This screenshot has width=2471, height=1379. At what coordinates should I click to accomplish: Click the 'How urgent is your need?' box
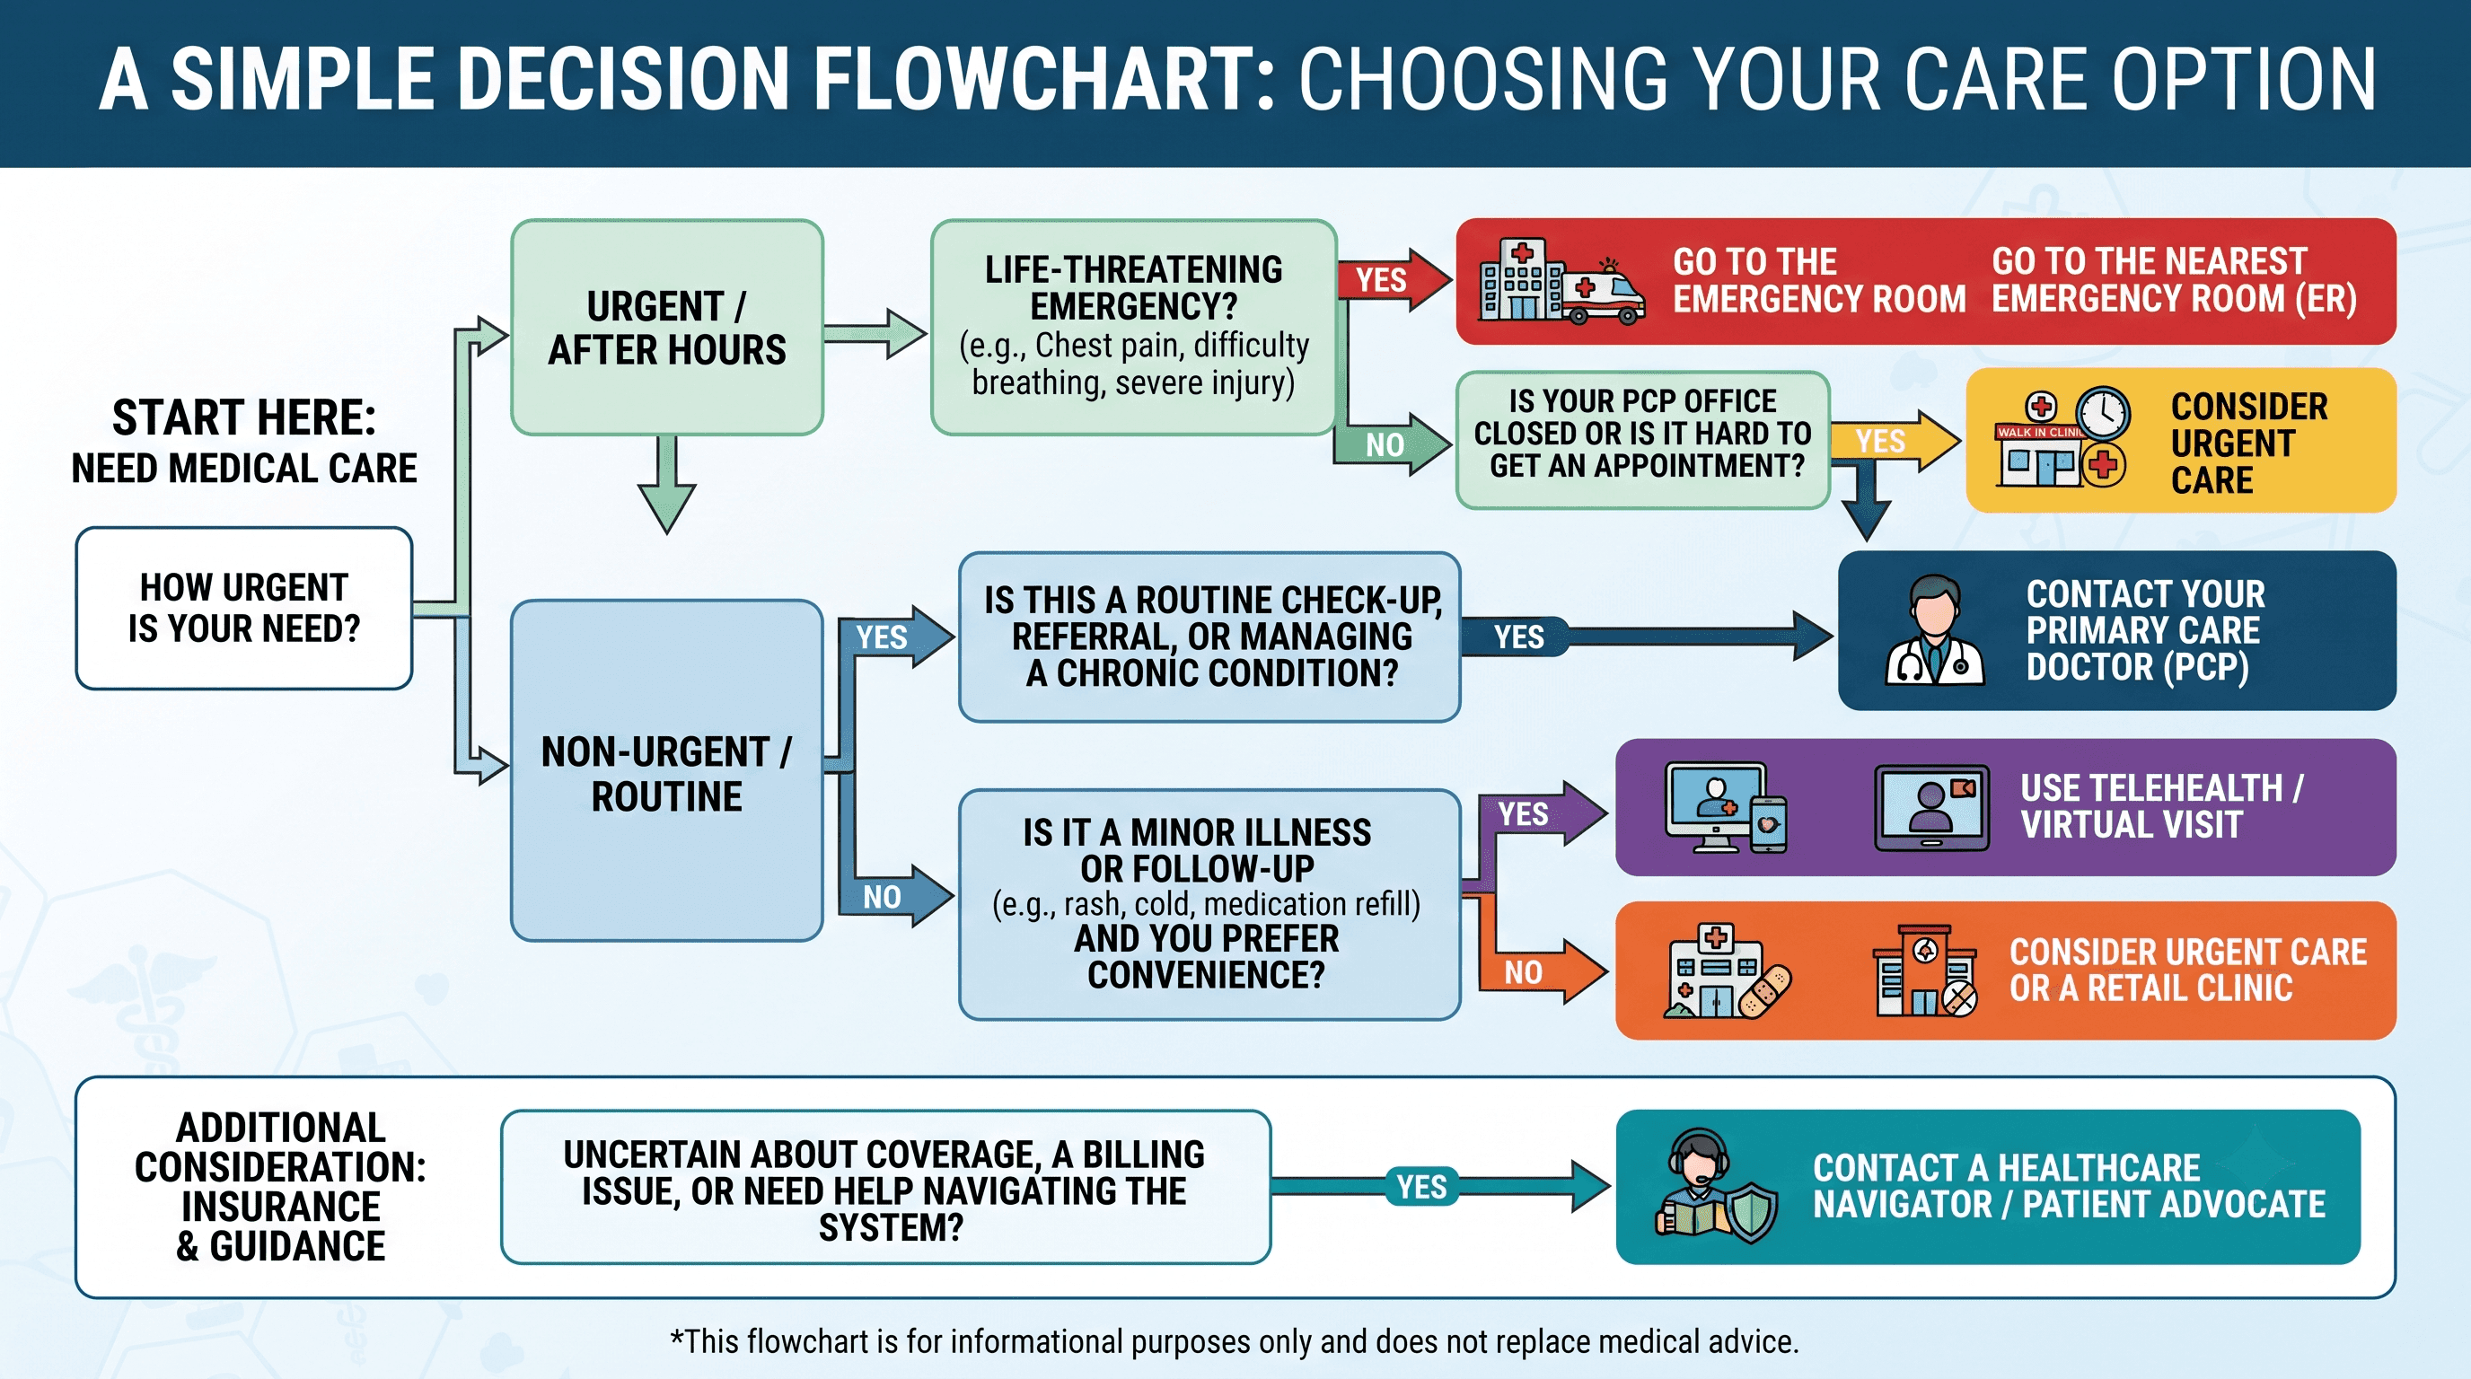[x=243, y=608]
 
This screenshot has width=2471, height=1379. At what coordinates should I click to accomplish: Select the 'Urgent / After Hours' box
[x=666, y=327]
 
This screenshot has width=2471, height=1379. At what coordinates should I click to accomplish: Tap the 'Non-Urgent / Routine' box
[x=666, y=771]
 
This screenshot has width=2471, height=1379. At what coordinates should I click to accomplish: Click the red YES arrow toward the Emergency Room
[x=1394, y=279]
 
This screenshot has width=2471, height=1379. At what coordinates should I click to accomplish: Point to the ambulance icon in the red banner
[x=1603, y=293]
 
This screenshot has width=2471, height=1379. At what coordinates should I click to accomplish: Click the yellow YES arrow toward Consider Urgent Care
[x=1895, y=441]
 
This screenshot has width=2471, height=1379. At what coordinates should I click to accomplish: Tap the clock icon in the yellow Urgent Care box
[x=2103, y=414]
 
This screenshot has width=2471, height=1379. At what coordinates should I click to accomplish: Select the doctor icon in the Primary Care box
[x=1935, y=630]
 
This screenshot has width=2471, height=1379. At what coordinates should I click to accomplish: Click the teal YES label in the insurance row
[x=1421, y=1186]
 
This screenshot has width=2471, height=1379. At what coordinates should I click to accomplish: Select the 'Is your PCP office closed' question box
[x=1642, y=440]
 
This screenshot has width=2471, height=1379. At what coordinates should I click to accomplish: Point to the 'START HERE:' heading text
[x=243, y=417]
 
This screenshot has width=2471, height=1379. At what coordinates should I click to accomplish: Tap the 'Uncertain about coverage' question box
[x=885, y=1187]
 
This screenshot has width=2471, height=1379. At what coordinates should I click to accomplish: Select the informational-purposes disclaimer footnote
[x=1234, y=1340]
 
